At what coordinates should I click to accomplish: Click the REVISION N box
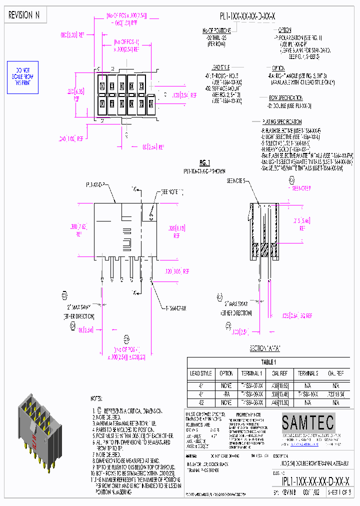coord(24,15)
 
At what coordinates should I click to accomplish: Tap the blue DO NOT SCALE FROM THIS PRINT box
coord(21,77)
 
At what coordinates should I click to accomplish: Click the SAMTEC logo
coord(307,423)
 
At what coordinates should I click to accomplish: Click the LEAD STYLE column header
coord(201,373)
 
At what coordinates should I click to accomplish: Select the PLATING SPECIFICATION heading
coord(282,122)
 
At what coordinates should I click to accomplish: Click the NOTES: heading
coord(96,398)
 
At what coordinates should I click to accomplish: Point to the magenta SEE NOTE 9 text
coord(301,188)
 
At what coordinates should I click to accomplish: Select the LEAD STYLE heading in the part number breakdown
coord(220,66)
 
